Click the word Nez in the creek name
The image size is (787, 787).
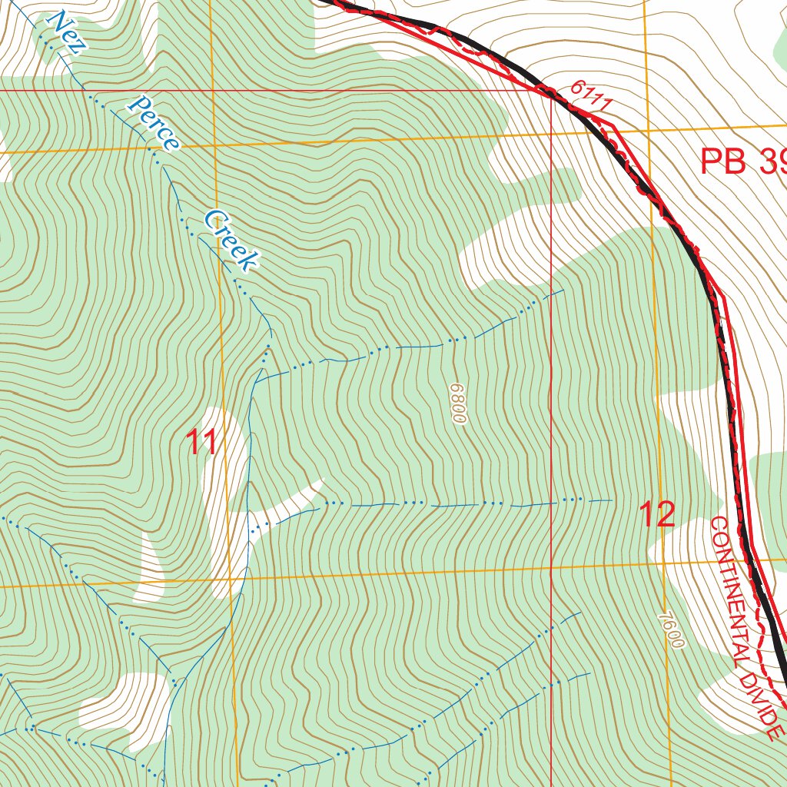click(66, 31)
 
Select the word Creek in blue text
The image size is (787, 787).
click(231, 241)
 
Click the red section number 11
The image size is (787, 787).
click(201, 443)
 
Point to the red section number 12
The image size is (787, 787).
click(657, 514)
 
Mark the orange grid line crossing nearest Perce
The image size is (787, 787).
click(213, 144)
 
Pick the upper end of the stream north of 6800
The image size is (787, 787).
click(563, 291)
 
